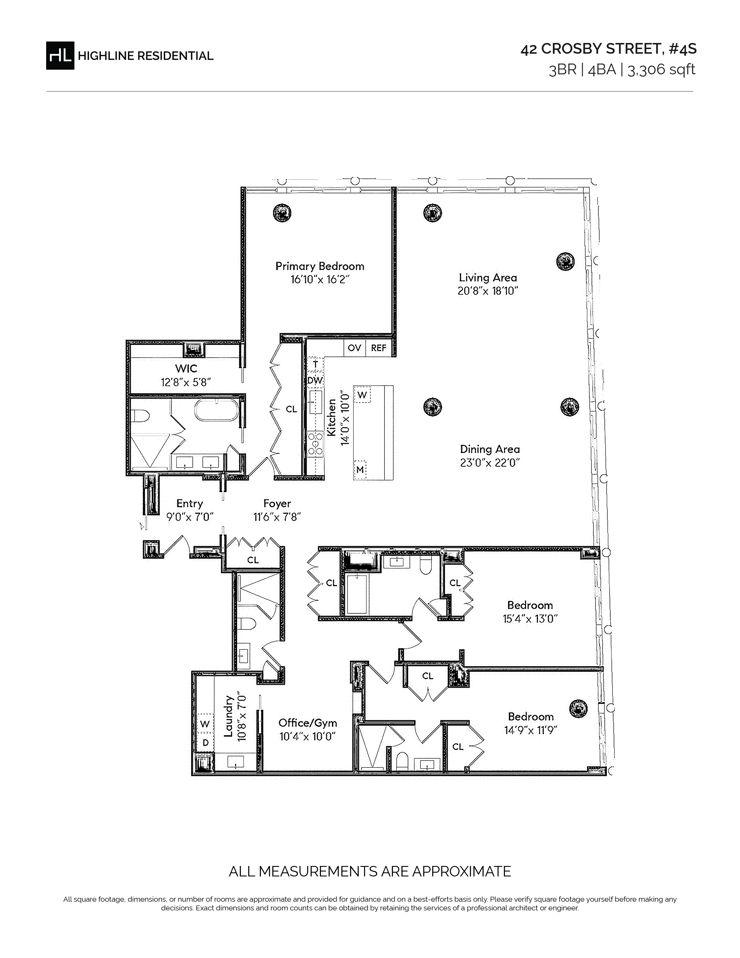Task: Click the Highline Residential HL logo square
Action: coord(60,55)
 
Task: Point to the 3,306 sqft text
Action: coord(662,70)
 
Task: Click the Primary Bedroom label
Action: coord(320,266)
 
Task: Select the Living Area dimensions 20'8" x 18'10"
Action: coord(488,291)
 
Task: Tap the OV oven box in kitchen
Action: coord(354,348)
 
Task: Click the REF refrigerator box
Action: coord(378,348)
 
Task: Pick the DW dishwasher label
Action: coord(315,380)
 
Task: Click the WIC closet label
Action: coord(186,368)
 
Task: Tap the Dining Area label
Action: coord(490,449)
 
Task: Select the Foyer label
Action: coord(277,504)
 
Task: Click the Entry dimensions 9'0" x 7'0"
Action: coord(190,517)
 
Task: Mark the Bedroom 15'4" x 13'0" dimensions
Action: coord(530,619)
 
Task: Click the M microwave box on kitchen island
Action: coord(360,469)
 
